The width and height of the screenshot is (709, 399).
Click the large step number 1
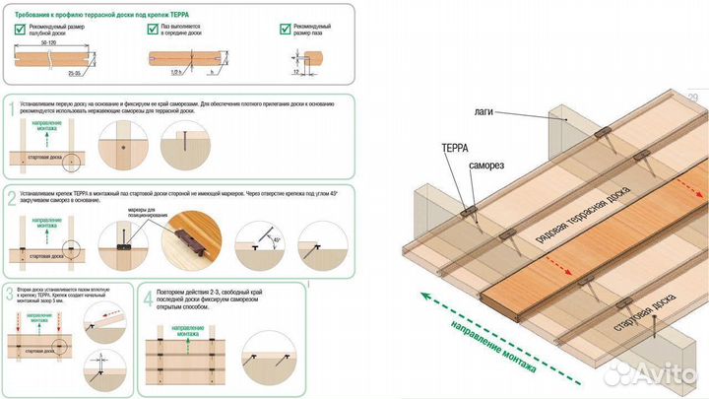tap(11, 109)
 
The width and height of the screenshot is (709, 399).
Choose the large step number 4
tap(147, 299)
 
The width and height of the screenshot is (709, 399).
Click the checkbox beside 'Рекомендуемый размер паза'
tap(286, 30)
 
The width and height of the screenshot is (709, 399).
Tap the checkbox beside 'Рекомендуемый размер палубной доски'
tap(20, 30)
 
